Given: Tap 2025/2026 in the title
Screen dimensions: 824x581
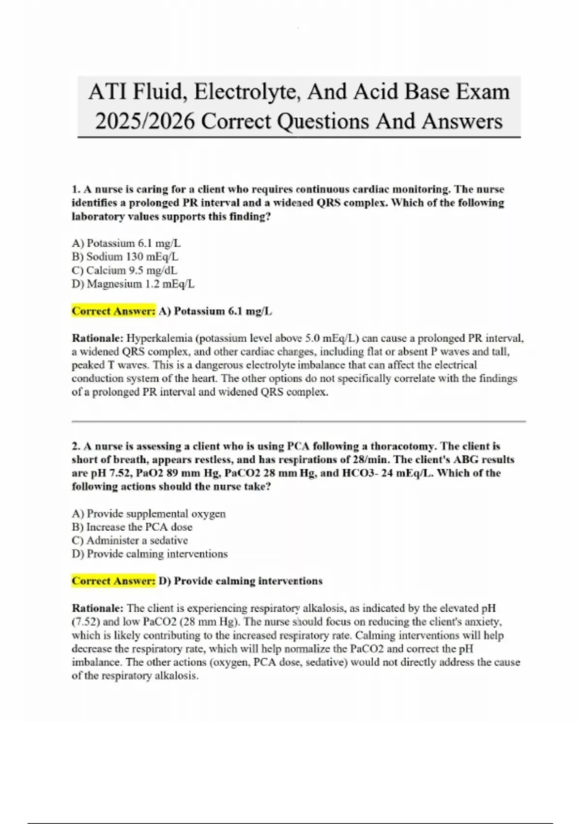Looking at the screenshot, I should coord(145,121).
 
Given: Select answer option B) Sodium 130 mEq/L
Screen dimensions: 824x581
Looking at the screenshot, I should coord(125,257).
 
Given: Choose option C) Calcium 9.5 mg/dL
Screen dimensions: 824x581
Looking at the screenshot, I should coord(124,270).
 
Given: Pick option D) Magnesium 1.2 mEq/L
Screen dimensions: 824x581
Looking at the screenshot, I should coord(133,284).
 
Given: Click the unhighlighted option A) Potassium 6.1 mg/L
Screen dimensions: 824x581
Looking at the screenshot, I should coord(126,243).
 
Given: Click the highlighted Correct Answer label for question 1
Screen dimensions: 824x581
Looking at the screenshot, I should coord(114,311).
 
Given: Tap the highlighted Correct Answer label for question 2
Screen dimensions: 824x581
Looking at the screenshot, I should coord(114,581).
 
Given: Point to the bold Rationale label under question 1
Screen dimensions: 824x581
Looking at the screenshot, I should coord(98,338).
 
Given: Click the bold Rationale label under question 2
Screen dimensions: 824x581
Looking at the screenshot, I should coord(98,608).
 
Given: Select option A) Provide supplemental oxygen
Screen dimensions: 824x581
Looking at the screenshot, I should coord(149,513).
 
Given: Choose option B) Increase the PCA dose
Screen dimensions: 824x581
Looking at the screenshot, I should coord(132,527).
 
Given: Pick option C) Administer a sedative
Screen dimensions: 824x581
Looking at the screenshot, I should coord(130,540).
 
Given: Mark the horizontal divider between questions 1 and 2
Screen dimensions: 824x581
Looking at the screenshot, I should coord(298,422).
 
